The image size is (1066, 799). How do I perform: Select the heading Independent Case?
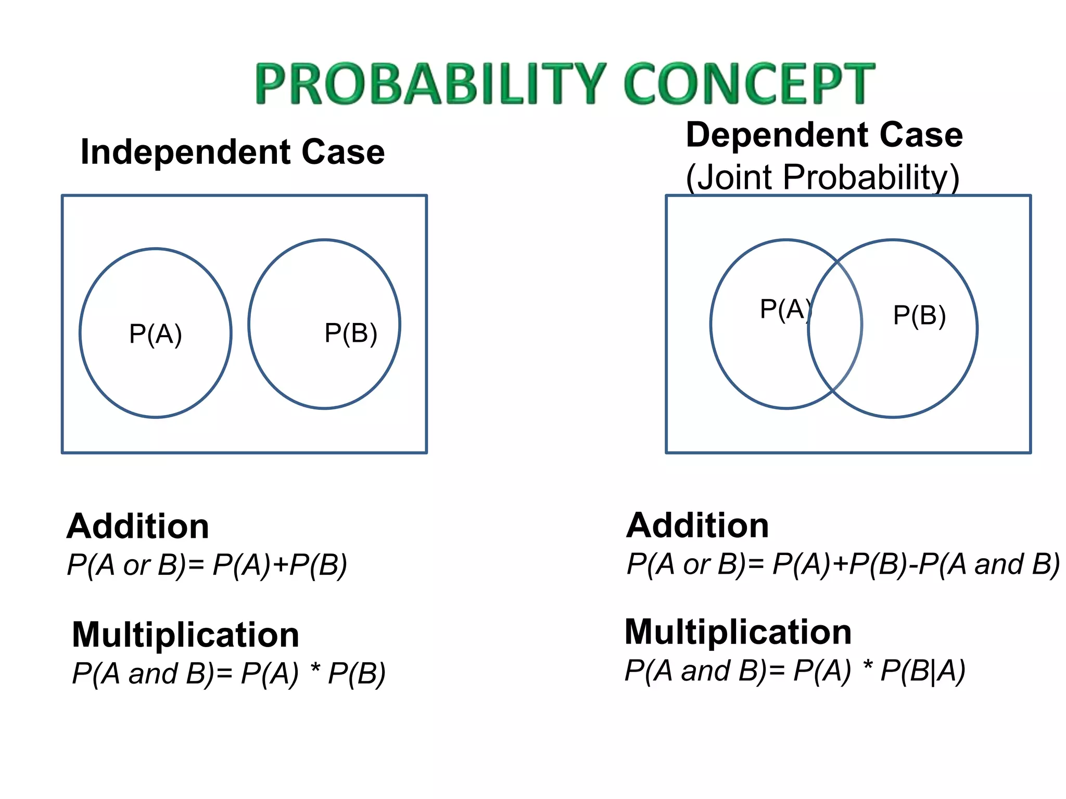click(x=233, y=152)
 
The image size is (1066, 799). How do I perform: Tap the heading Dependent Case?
click(x=824, y=135)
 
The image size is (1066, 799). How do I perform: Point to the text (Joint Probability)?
click(x=822, y=177)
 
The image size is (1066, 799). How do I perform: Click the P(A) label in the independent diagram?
click(x=155, y=333)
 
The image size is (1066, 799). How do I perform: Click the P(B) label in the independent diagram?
click(x=350, y=333)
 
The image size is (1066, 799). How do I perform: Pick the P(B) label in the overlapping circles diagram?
click(x=919, y=315)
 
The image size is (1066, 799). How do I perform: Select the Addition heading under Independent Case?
click(x=138, y=526)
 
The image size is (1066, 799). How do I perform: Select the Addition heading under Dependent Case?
click(x=697, y=525)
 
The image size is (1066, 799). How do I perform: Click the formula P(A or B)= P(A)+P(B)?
click(x=207, y=564)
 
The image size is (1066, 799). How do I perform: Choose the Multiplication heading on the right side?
click(x=738, y=632)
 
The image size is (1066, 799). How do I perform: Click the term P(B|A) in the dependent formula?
click(x=922, y=671)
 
